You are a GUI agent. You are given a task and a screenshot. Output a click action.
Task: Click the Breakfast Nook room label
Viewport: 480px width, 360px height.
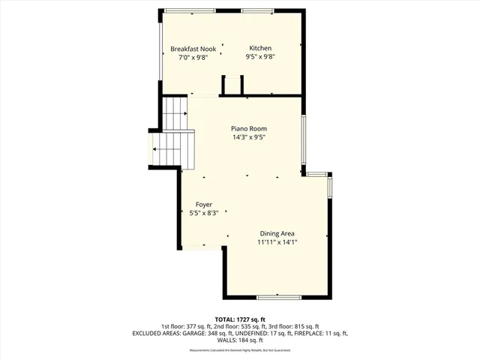pyautogui.click(x=193, y=49)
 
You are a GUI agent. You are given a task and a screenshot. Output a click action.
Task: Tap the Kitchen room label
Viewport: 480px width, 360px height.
pyautogui.click(x=261, y=49)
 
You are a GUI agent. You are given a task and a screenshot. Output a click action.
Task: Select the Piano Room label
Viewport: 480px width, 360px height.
pyautogui.click(x=248, y=128)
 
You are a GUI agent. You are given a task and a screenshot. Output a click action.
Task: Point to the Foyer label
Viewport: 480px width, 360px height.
pyautogui.click(x=204, y=204)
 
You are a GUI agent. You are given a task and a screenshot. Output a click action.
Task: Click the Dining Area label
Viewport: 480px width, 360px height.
pyautogui.click(x=277, y=232)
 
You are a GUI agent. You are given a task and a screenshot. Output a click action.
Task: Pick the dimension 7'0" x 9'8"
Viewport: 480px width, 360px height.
pyautogui.click(x=193, y=57)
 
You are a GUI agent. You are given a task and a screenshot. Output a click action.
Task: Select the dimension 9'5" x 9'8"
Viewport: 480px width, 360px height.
pyautogui.click(x=261, y=57)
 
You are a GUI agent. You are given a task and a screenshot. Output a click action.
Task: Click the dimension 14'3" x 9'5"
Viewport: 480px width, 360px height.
pyautogui.click(x=248, y=137)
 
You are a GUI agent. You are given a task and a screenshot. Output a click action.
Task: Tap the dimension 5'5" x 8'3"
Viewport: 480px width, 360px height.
pyautogui.click(x=204, y=213)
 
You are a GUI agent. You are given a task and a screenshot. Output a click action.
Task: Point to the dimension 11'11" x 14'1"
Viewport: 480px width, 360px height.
pyautogui.click(x=277, y=241)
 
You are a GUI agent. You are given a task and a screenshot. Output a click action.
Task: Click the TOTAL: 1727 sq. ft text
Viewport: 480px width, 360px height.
pyautogui.click(x=240, y=319)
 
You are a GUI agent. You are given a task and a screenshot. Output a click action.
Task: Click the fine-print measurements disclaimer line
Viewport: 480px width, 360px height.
pyautogui.click(x=240, y=349)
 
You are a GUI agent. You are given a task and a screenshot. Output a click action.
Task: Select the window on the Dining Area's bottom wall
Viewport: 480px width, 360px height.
pyautogui.click(x=279, y=297)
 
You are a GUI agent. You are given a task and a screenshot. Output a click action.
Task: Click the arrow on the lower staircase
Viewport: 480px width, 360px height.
pyautogui.click(x=155, y=149)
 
